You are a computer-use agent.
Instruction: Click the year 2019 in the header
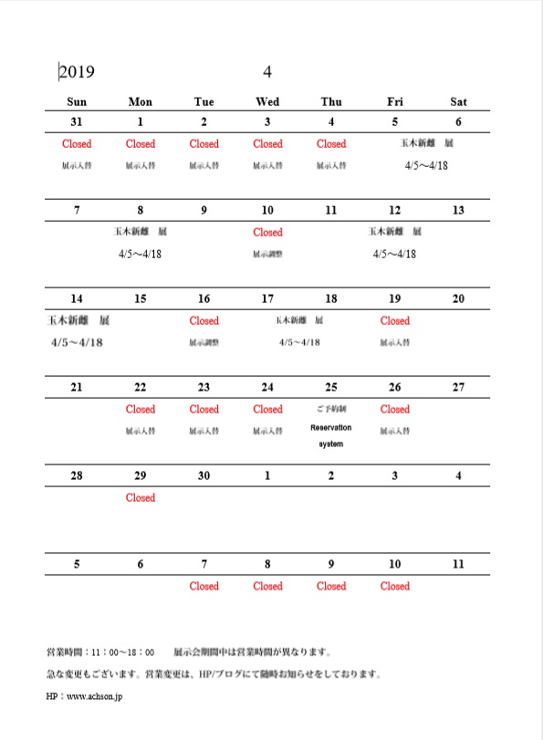[78, 72]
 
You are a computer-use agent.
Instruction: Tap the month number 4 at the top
[267, 72]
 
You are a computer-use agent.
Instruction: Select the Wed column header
[267, 101]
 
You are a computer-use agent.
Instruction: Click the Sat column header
[458, 101]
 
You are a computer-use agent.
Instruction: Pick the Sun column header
[77, 101]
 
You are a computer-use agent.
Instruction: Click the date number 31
[77, 122]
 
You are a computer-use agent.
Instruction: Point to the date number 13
[458, 211]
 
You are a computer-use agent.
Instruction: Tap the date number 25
[331, 388]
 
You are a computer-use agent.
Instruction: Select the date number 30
[204, 476]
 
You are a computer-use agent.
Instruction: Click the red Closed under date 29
[141, 498]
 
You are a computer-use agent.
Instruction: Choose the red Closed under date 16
[204, 321]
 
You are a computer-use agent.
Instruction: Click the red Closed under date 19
[395, 321]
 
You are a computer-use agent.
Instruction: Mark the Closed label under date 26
[395, 410]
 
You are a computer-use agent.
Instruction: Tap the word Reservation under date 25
[331, 428]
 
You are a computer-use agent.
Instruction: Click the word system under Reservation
[331, 444]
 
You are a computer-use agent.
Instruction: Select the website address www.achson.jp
[95, 695]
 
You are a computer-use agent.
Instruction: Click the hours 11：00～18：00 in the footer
[123, 653]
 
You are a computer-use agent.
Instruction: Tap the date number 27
[458, 388]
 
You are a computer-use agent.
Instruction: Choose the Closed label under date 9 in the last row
[331, 587]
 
